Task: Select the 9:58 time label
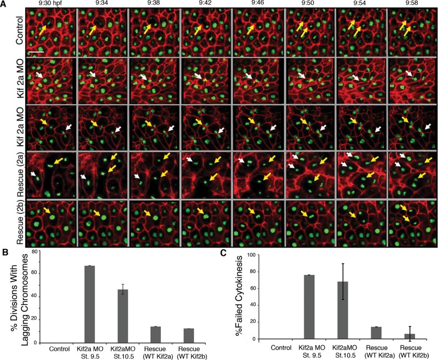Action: pyautogui.click(x=415, y=4)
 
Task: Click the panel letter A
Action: pyautogui.click(x=5, y=4)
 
